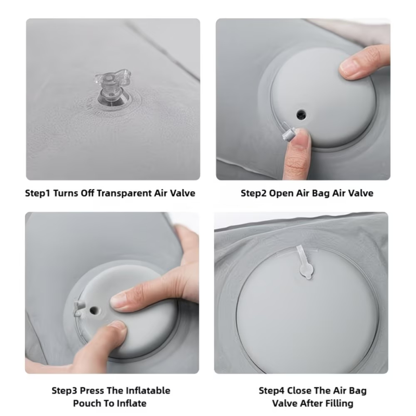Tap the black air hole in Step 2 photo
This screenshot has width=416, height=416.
(301, 114)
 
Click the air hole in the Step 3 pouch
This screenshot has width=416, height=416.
(94, 309)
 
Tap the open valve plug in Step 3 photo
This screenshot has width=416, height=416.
(79, 308)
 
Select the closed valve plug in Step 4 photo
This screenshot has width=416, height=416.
(305, 263)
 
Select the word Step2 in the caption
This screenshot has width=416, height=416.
(254, 193)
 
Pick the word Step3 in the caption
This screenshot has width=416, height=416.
(64, 391)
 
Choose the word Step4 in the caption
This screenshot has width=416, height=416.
(271, 391)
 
